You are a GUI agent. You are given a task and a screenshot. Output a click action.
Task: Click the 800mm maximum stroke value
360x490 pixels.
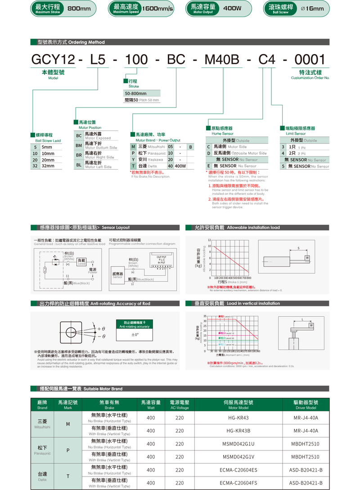point(79,9)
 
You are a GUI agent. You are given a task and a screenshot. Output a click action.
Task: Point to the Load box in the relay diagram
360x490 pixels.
point(81,261)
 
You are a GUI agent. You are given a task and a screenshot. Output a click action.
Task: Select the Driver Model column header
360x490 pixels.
point(306,391)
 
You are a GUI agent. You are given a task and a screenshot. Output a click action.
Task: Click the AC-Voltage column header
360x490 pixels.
point(180,391)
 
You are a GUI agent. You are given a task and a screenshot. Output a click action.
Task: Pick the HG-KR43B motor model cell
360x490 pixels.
point(238,431)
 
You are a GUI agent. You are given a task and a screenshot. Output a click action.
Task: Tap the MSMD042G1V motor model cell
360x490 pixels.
point(238,457)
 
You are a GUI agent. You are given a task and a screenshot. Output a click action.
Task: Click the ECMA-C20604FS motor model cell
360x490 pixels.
point(238,483)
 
